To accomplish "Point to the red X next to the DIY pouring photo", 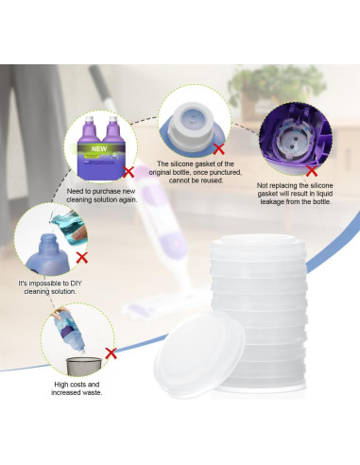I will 82,256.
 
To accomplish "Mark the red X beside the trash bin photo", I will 111,354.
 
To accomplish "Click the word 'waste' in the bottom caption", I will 93,392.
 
